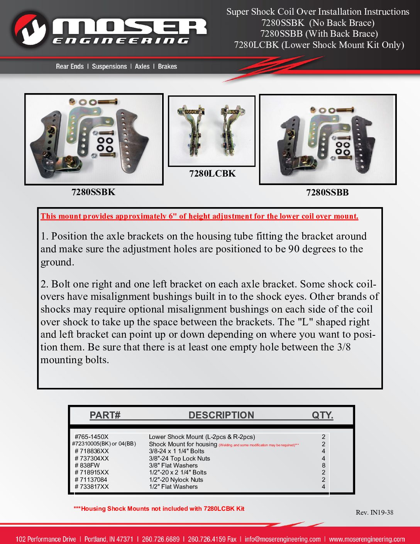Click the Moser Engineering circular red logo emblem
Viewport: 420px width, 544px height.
(x=30, y=29)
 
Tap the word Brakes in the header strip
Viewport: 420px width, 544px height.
(x=167, y=66)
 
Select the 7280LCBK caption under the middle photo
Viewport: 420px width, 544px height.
(x=212, y=173)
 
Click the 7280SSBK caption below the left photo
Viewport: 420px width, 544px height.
(x=93, y=192)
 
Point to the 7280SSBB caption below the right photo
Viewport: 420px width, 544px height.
(x=327, y=192)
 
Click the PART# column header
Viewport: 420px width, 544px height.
(x=105, y=415)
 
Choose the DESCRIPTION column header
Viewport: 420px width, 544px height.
(x=221, y=415)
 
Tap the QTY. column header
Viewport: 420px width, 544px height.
(x=322, y=415)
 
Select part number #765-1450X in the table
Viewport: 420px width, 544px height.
(x=91, y=437)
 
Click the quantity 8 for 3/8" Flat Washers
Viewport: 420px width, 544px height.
(x=323, y=466)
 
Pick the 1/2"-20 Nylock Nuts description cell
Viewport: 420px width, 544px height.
(x=176, y=480)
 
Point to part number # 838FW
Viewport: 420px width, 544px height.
(x=87, y=466)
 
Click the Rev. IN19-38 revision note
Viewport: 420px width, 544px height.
(x=374, y=513)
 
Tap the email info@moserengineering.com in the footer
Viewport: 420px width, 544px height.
(x=283, y=539)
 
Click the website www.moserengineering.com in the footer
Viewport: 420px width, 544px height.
(x=367, y=539)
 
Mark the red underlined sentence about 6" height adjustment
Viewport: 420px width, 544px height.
(x=199, y=216)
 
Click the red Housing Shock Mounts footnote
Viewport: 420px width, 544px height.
(x=159, y=509)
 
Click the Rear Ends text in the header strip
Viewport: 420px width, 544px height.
(x=69, y=66)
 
